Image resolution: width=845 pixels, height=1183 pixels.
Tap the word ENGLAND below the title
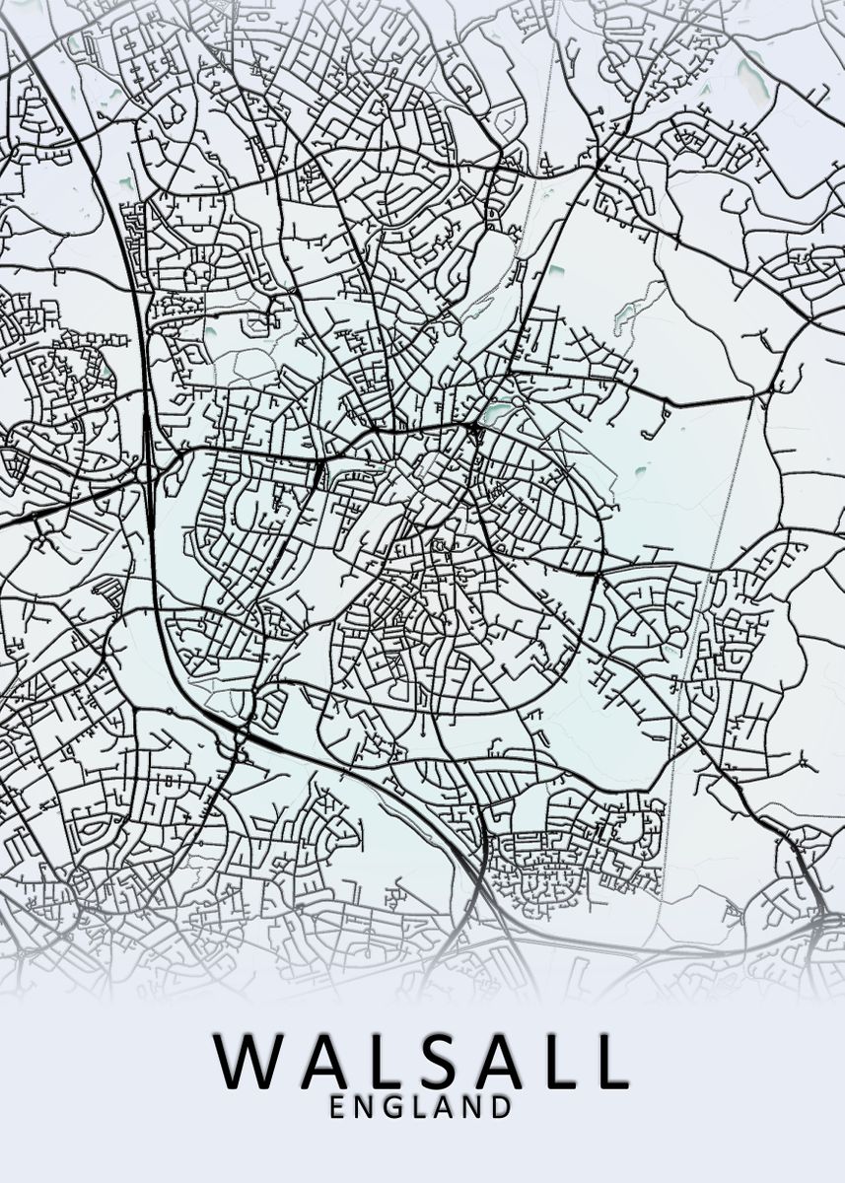click(421, 1107)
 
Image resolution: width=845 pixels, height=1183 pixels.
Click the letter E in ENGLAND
click(338, 1107)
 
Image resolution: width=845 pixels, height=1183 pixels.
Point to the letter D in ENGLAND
click(502, 1107)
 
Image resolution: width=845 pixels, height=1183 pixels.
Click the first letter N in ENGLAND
click(365, 1107)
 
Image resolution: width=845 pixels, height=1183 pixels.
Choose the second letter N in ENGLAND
click(473, 1107)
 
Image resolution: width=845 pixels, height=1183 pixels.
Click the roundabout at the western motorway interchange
click(148, 470)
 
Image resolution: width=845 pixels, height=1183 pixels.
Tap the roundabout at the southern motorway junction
click(240, 733)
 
